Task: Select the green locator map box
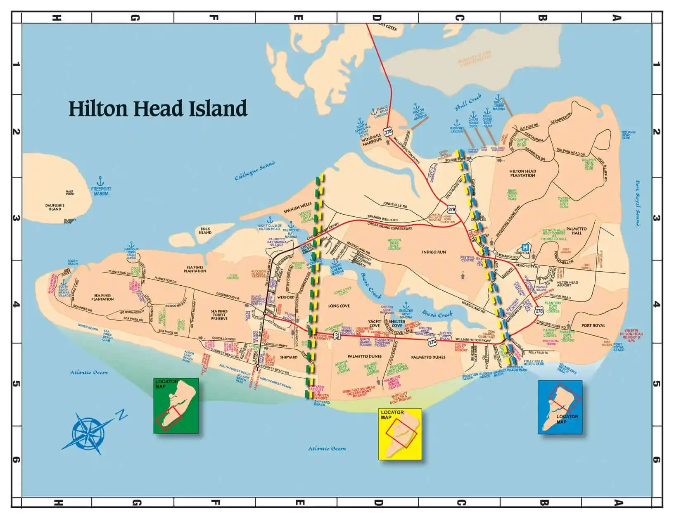176,405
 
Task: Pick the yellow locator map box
400,434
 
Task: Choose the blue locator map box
560,407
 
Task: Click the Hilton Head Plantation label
522,173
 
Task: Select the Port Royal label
593,325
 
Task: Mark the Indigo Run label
434,252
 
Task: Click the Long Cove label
339,306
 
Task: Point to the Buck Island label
205,230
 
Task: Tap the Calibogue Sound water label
255,171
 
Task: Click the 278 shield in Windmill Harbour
388,132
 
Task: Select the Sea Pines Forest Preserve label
219,315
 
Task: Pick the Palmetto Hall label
576,231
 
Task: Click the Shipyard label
289,357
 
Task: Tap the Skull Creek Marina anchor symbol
499,97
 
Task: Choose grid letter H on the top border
57,18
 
